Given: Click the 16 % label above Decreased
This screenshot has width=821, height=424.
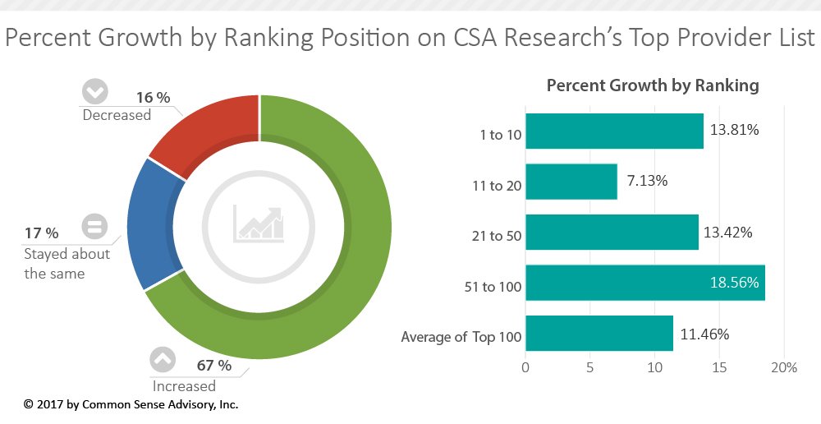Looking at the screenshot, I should coord(153,98).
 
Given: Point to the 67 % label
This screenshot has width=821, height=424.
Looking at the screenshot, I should coord(213,366).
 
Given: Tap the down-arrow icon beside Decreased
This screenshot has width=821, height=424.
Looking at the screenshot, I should coord(96,90).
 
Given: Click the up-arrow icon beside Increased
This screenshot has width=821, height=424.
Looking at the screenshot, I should coord(162,359).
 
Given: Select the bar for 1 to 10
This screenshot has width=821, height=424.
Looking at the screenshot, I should coord(614,131).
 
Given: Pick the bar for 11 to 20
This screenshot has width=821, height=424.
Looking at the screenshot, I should coord(571,182).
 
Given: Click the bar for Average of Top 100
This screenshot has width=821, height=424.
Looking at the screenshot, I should coord(599,334).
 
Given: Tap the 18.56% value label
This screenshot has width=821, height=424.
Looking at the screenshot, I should coord(735,283).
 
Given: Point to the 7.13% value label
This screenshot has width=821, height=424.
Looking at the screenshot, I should coord(647,181).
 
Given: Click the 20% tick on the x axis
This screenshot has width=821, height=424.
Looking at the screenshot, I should coord(784,368).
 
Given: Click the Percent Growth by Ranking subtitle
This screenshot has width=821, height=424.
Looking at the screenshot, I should coord(653,85).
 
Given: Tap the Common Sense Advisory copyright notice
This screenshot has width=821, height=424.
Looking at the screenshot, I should coord(131,404).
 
